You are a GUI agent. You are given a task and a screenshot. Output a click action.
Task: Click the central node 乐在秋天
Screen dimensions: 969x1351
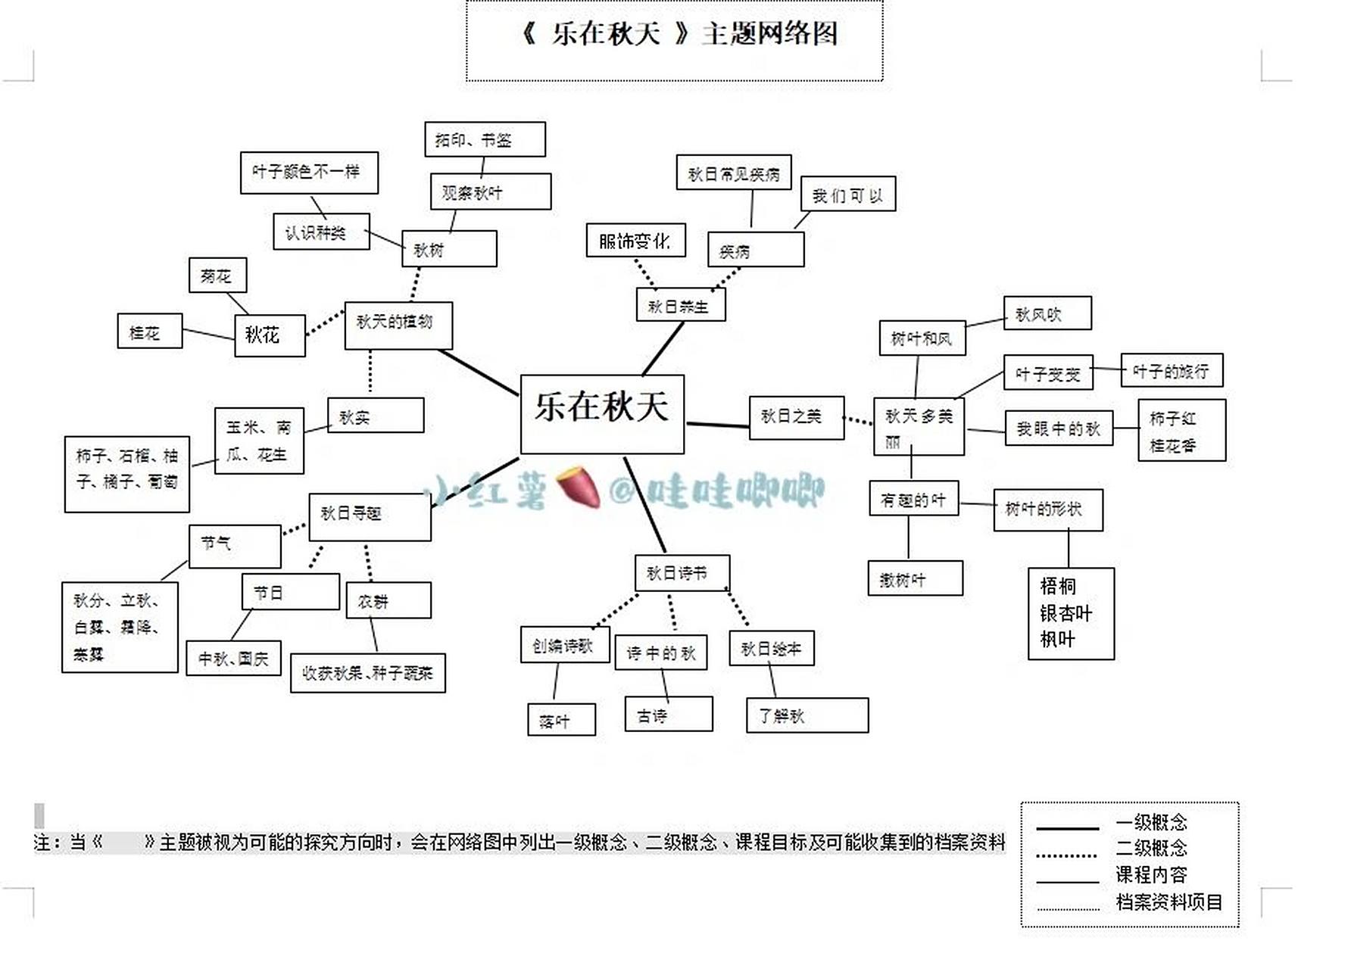602,413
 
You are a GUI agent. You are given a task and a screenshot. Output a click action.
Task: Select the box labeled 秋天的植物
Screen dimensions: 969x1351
398,325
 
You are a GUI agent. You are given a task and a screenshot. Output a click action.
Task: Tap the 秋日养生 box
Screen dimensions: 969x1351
680,305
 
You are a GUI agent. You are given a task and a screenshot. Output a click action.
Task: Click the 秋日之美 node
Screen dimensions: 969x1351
796,417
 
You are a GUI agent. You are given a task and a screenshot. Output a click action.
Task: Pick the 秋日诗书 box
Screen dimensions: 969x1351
682,572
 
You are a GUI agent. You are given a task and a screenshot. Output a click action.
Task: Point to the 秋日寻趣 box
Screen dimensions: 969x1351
370,516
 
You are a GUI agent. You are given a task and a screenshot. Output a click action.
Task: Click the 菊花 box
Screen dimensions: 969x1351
217,276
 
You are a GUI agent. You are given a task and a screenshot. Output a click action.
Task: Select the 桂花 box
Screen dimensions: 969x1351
149,332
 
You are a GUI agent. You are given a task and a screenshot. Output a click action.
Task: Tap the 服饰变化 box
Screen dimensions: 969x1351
635,241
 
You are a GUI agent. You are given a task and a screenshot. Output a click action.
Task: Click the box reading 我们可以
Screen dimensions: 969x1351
847,195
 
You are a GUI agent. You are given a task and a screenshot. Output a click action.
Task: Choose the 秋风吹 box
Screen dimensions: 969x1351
1047,313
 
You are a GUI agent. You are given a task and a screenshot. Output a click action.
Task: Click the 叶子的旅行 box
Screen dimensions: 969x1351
1171,370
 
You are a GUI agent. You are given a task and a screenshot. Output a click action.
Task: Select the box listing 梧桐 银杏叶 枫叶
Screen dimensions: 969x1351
1070,613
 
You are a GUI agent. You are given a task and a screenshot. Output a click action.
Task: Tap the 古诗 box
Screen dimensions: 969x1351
668,714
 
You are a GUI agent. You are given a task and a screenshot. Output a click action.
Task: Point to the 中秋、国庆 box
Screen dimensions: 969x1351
233,658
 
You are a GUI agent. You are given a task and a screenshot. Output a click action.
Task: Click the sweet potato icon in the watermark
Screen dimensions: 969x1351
579,488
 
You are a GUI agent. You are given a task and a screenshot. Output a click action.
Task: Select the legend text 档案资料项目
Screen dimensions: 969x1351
1168,902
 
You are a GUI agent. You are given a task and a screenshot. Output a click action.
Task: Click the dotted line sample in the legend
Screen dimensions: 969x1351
1067,855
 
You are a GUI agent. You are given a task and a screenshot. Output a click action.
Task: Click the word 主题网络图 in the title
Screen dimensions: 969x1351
769,34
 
